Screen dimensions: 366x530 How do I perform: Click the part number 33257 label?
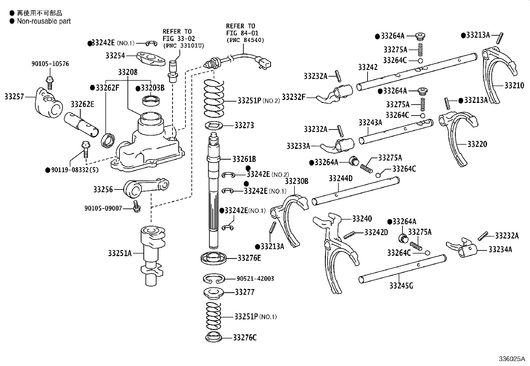14,97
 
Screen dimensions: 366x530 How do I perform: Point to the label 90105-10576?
50,64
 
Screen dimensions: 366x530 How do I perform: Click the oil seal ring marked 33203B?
151,100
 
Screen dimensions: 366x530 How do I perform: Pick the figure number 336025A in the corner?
511,359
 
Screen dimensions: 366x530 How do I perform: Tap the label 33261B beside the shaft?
244,159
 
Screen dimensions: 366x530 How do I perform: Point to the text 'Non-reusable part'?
44,21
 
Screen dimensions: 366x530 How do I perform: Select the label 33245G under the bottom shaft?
401,285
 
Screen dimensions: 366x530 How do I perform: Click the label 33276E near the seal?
249,258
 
